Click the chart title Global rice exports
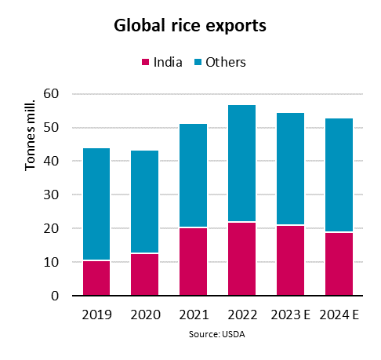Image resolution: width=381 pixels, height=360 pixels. (x=190, y=25)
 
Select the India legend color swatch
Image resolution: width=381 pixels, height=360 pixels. (x=145, y=62)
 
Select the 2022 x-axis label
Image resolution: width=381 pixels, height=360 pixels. (x=241, y=315)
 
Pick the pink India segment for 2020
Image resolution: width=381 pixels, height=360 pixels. (x=143, y=275)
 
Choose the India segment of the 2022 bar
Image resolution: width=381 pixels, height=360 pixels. (x=241, y=259)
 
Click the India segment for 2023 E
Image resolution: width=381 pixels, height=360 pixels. (x=289, y=260)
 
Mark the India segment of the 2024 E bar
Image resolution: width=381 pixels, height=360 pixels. (x=338, y=264)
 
